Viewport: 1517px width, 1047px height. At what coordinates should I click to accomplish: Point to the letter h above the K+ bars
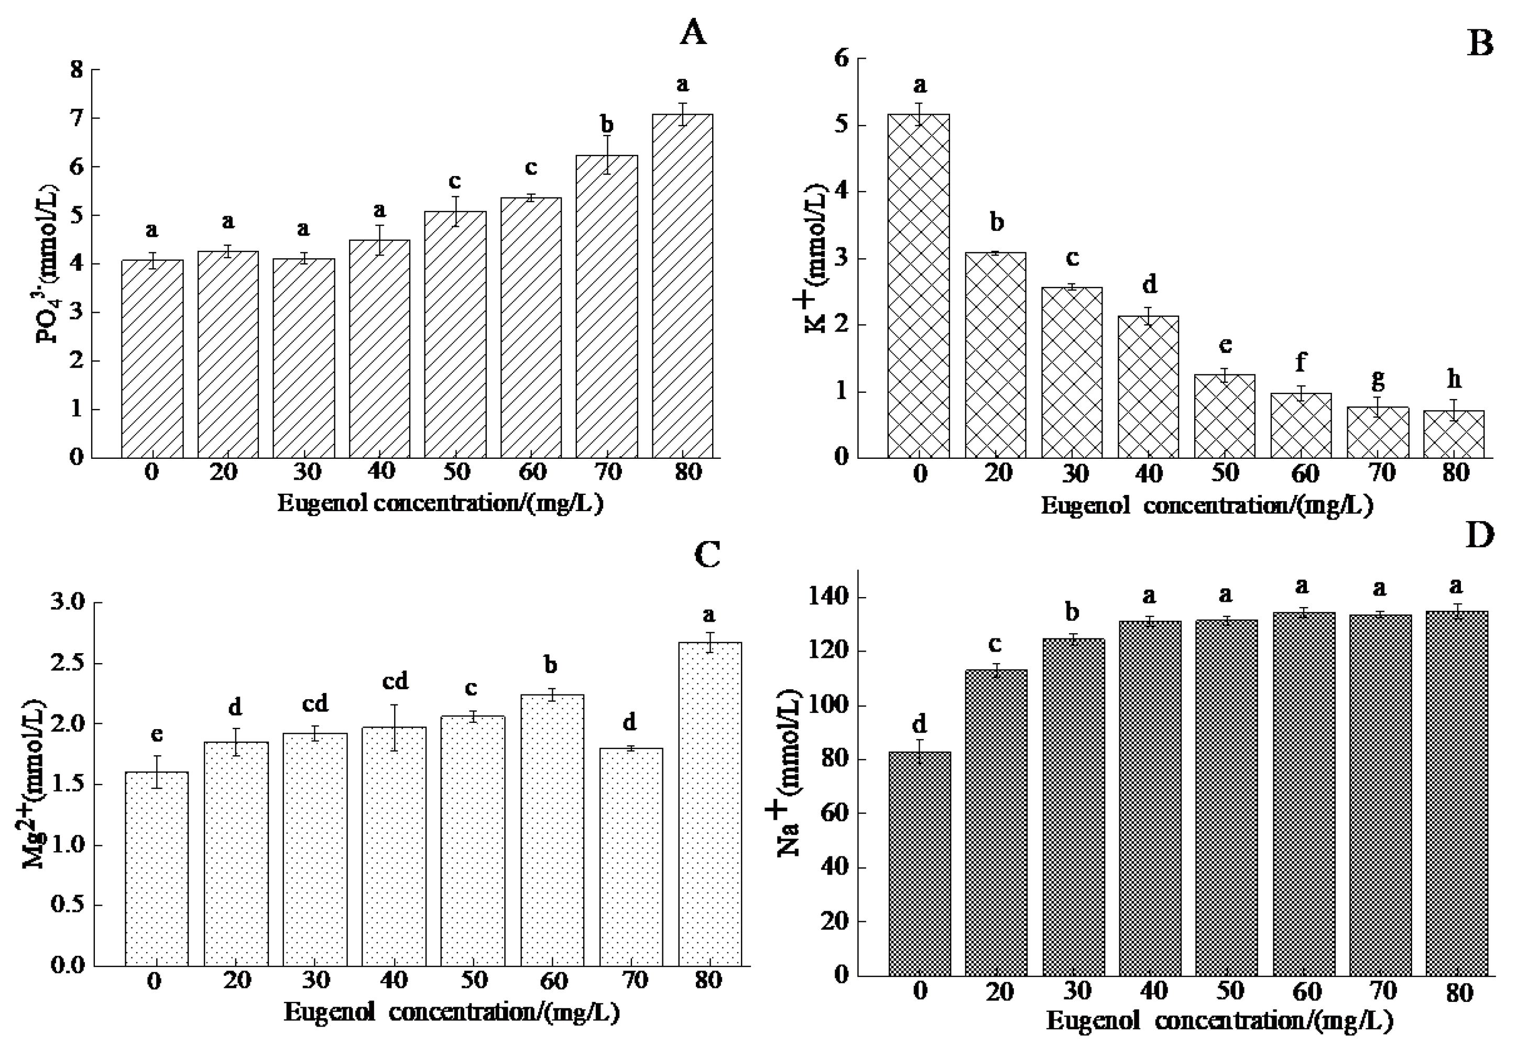[1454, 379]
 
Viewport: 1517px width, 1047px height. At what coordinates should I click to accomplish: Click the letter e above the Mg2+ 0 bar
[156, 735]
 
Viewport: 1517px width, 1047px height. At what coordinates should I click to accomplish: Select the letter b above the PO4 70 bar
[607, 124]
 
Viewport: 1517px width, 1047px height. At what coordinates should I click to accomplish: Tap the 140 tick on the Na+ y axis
[835, 598]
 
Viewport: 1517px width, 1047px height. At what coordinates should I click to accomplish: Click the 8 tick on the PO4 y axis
[77, 70]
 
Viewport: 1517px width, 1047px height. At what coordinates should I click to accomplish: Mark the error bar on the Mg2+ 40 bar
[395, 728]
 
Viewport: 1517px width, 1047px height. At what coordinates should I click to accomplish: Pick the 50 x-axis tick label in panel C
[473, 980]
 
